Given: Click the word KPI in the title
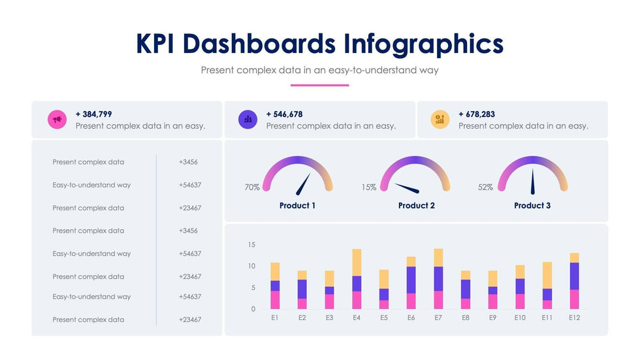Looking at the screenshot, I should [x=157, y=44].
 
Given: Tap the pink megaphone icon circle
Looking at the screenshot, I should [x=57, y=120].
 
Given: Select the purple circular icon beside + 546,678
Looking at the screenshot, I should [x=248, y=120].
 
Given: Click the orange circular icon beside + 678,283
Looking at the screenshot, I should [x=440, y=120].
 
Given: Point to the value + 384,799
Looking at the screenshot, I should [x=94, y=114].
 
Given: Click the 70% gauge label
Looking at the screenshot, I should [x=252, y=188].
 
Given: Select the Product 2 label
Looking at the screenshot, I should [x=416, y=206].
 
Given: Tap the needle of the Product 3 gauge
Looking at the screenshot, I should [x=532, y=182].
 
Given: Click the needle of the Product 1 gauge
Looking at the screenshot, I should [x=304, y=185].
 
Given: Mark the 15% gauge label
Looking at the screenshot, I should [x=369, y=188].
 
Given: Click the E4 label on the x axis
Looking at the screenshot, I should [x=357, y=318].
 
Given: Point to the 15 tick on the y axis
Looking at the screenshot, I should [x=252, y=245].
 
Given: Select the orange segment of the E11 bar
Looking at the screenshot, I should [x=547, y=275].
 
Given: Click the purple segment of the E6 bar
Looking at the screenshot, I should [x=411, y=280].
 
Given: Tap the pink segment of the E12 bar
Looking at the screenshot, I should [x=574, y=299].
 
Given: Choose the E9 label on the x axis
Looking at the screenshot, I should [x=492, y=318].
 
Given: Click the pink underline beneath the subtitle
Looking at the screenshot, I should [x=319, y=85].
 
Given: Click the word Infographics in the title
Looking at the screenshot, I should [x=423, y=44].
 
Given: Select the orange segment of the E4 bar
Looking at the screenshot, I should [x=357, y=262].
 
